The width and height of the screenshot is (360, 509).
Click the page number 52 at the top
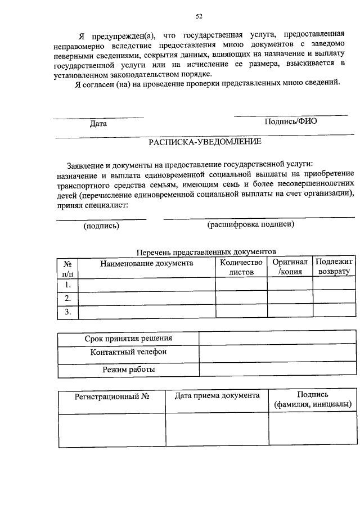point(199,15)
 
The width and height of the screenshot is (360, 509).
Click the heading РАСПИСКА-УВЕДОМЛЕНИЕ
point(205,142)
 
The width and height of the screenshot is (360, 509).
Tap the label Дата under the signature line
point(98,123)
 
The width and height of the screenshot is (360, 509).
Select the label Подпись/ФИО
point(290,121)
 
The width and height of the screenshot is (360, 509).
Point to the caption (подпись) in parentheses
point(101,226)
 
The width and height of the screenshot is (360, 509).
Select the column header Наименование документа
point(147,263)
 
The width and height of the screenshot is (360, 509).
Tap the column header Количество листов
point(241,267)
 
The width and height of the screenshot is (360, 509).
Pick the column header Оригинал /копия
point(290,267)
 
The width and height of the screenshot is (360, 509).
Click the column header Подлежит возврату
point(334,267)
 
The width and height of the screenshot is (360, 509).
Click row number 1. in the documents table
point(67,285)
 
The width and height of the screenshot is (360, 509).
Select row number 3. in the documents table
point(67,312)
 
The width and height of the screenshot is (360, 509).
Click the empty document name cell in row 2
point(147,298)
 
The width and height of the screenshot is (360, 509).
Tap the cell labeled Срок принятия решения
point(128,339)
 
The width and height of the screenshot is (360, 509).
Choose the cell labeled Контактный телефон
point(128,353)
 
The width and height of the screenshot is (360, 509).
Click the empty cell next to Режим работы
point(277,370)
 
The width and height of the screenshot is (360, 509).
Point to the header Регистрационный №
point(112,397)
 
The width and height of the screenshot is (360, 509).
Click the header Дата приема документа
point(217,396)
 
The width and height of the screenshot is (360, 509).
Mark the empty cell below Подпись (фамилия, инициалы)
point(312,430)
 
